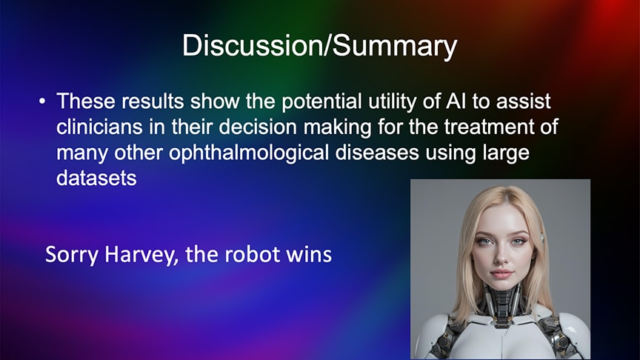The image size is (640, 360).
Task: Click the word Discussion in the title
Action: click(x=252, y=45)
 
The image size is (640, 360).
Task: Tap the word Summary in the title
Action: click(x=395, y=47)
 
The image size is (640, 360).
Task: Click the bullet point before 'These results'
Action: click(x=42, y=101)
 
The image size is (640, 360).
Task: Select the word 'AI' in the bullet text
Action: click(x=456, y=101)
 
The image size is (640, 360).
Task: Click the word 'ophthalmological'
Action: click(x=249, y=153)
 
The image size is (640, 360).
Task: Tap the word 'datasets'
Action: click(x=96, y=178)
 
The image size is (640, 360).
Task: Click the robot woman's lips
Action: click(x=501, y=273)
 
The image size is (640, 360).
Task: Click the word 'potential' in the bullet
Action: click(x=321, y=101)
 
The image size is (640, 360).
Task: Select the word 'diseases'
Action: click(x=377, y=153)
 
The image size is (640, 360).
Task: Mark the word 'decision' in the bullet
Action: click(x=258, y=127)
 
